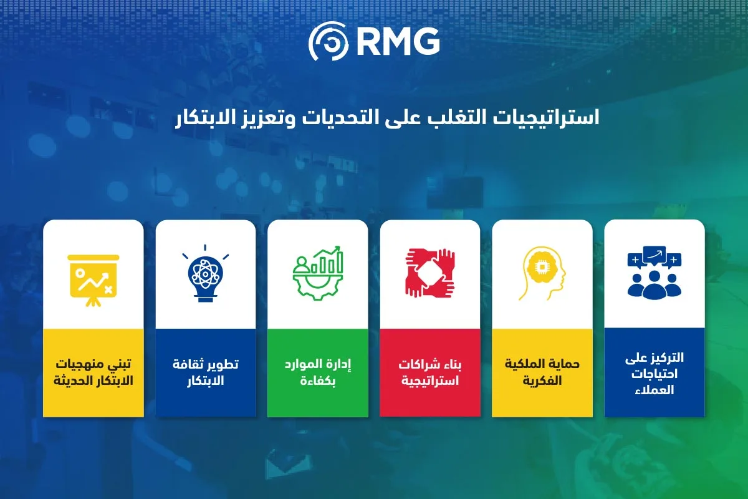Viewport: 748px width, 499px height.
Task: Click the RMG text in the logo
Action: click(398, 41)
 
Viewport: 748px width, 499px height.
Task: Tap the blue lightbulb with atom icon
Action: click(205, 273)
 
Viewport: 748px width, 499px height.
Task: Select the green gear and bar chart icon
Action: click(318, 273)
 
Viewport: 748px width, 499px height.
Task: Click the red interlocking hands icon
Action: click(430, 273)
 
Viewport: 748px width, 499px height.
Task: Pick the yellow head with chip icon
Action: click(542, 273)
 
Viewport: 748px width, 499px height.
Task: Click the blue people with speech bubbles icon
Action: click(654, 273)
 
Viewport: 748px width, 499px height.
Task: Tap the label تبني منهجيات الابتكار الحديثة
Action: click(93, 372)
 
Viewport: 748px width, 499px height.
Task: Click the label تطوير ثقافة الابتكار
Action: click(205, 372)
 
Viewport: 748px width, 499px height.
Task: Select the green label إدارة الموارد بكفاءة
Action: click(318, 372)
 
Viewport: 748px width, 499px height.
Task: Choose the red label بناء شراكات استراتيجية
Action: click(430, 372)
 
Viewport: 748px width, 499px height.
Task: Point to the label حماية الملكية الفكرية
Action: click(542, 372)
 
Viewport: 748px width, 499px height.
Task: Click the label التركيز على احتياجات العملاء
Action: click(654, 374)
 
